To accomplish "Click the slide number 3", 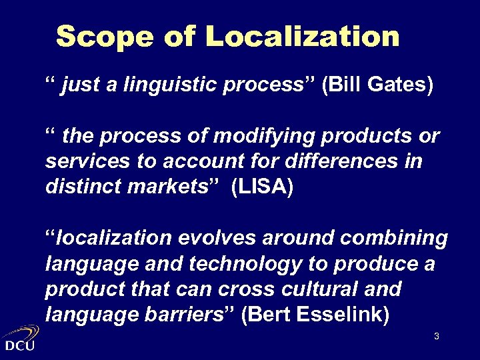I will click(436, 337).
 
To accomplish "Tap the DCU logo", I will click(20, 339).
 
